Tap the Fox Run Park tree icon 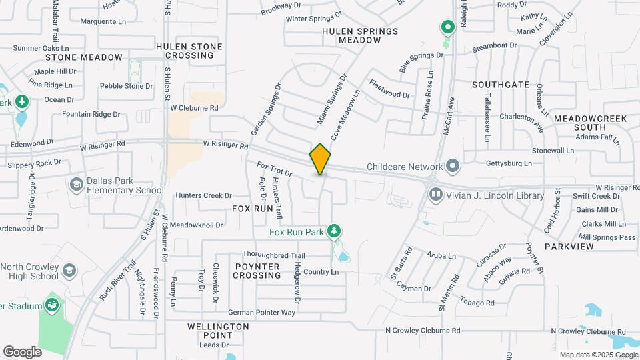point(334,231)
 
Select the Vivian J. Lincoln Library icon point(436,195)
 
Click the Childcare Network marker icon point(453,165)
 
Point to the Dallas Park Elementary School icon point(75,184)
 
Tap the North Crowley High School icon point(69,271)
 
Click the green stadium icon point(52,305)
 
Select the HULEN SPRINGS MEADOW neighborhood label point(360,35)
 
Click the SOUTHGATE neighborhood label point(501,85)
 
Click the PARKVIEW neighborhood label point(569,246)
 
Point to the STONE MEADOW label point(83,57)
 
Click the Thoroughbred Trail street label point(273,255)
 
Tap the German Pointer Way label point(261,312)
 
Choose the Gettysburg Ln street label point(509,163)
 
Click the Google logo point(22,351)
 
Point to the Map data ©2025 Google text point(598,355)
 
